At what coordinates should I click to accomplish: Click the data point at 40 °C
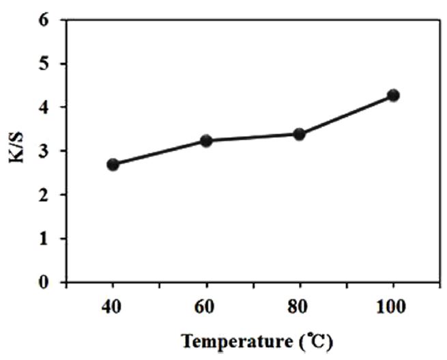pos(113,164)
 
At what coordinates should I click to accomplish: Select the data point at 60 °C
pos(206,141)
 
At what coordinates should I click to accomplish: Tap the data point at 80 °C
pos(299,134)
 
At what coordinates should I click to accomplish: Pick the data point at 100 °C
pos(392,95)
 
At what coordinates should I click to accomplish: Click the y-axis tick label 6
pos(46,20)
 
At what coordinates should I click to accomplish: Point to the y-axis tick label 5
pos(46,64)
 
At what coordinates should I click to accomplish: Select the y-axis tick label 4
pos(46,107)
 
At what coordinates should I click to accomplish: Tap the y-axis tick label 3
pos(46,151)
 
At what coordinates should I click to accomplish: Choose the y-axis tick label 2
pos(46,195)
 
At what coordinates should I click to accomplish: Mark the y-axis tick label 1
pos(46,238)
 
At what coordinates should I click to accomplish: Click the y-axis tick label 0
pos(46,281)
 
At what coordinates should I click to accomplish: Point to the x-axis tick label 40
pos(113,306)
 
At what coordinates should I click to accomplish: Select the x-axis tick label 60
pos(206,306)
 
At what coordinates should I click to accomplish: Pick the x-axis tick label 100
pos(392,306)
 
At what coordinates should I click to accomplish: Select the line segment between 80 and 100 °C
pos(346,114)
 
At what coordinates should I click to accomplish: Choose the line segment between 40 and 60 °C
pos(160,152)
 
